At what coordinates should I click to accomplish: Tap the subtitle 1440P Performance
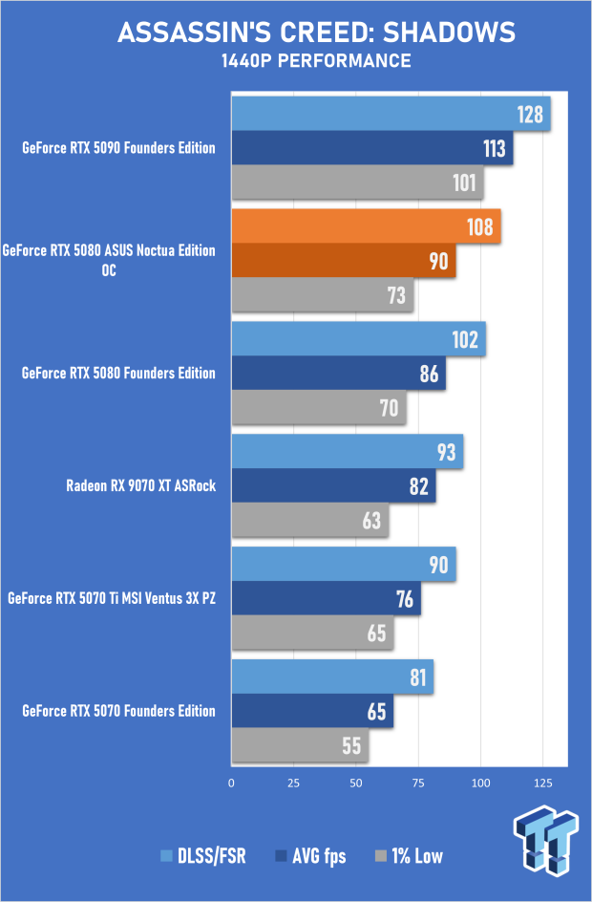click(315, 62)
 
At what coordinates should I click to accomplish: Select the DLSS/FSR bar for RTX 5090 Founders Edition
click(391, 115)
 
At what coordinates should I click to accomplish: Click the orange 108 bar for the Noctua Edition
click(366, 227)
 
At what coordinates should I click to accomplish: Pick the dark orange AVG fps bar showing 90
click(343, 261)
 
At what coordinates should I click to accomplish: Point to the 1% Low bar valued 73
click(322, 294)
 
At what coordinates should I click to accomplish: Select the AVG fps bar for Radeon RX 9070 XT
click(333, 486)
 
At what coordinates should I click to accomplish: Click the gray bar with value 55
click(300, 745)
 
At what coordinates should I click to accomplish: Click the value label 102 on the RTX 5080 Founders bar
click(468, 340)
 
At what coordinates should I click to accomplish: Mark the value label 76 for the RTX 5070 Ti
click(404, 599)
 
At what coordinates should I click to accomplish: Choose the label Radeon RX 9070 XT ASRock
click(141, 485)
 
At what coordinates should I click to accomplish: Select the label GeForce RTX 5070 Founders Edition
click(118, 711)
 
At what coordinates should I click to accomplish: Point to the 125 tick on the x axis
click(543, 783)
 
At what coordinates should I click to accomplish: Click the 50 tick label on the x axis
click(356, 783)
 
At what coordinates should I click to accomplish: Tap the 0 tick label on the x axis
click(231, 783)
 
